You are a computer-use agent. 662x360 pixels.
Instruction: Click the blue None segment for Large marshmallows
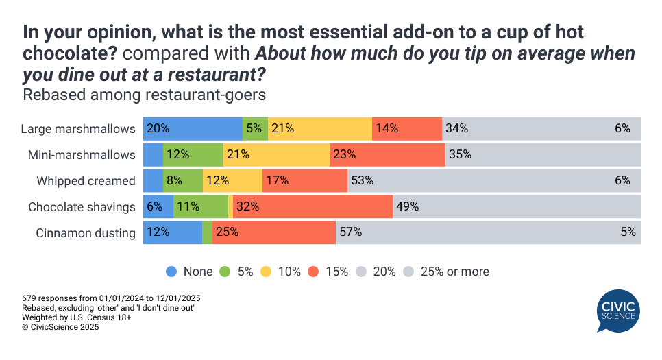(x=193, y=128)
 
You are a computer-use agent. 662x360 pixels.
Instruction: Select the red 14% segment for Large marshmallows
(x=407, y=128)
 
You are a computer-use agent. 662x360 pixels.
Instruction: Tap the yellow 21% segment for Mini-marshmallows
(x=276, y=154)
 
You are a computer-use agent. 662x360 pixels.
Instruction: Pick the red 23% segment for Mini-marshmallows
(x=387, y=154)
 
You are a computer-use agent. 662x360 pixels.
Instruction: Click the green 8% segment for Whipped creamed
(x=182, y=181)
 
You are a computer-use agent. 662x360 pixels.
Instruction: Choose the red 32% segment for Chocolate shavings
(x=312, y=206)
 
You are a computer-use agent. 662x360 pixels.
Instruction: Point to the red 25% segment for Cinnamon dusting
(x=273, y=232)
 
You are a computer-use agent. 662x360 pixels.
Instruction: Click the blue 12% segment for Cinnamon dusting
(x=173, y=232)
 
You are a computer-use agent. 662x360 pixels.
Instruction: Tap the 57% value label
(x=351, y=232)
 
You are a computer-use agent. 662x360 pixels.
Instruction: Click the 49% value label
(x=407, y=206)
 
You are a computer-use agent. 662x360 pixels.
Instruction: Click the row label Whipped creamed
(x=86, y=181)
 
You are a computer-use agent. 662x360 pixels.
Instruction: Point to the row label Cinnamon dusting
(x=86, y=233)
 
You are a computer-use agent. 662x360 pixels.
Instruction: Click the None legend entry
(x=190, y=272)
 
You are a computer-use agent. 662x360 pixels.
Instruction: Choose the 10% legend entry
(x=281, y=272)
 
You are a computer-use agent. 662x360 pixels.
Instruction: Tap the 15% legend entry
(x=329, y=272)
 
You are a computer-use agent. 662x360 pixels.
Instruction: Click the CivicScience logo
(x=618, y=310)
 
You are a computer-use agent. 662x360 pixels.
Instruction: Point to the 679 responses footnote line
(x=111, y=298)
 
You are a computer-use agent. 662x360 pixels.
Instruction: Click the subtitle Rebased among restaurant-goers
(x=144, y=95)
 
